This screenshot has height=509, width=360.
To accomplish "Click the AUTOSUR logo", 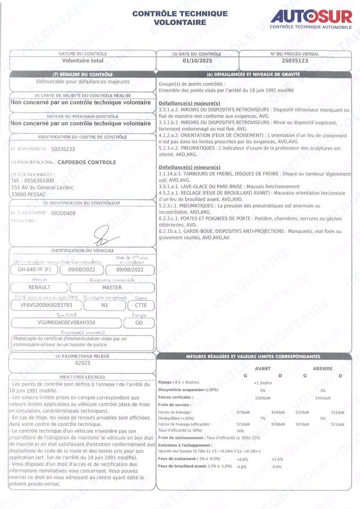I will (311, 17).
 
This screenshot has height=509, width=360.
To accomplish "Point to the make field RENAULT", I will (39, 287).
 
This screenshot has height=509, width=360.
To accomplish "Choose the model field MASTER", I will (112, 287).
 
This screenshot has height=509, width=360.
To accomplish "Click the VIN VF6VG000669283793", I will (44, 305).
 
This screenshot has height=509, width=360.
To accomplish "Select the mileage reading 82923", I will (82, 363).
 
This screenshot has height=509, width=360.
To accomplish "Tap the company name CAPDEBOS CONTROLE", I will (87, 163).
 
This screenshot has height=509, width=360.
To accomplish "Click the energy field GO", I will (138, 323).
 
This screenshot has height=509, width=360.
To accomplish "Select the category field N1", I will (105, 305).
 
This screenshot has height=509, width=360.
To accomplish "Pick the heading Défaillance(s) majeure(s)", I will (189, 103).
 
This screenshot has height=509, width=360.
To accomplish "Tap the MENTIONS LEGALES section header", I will (82, 377).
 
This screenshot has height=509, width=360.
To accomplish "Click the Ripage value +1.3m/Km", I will (263, 383).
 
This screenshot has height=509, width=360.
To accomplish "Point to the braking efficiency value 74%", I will (240, 431).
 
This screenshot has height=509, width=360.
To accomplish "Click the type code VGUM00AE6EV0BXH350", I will (66, 323).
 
